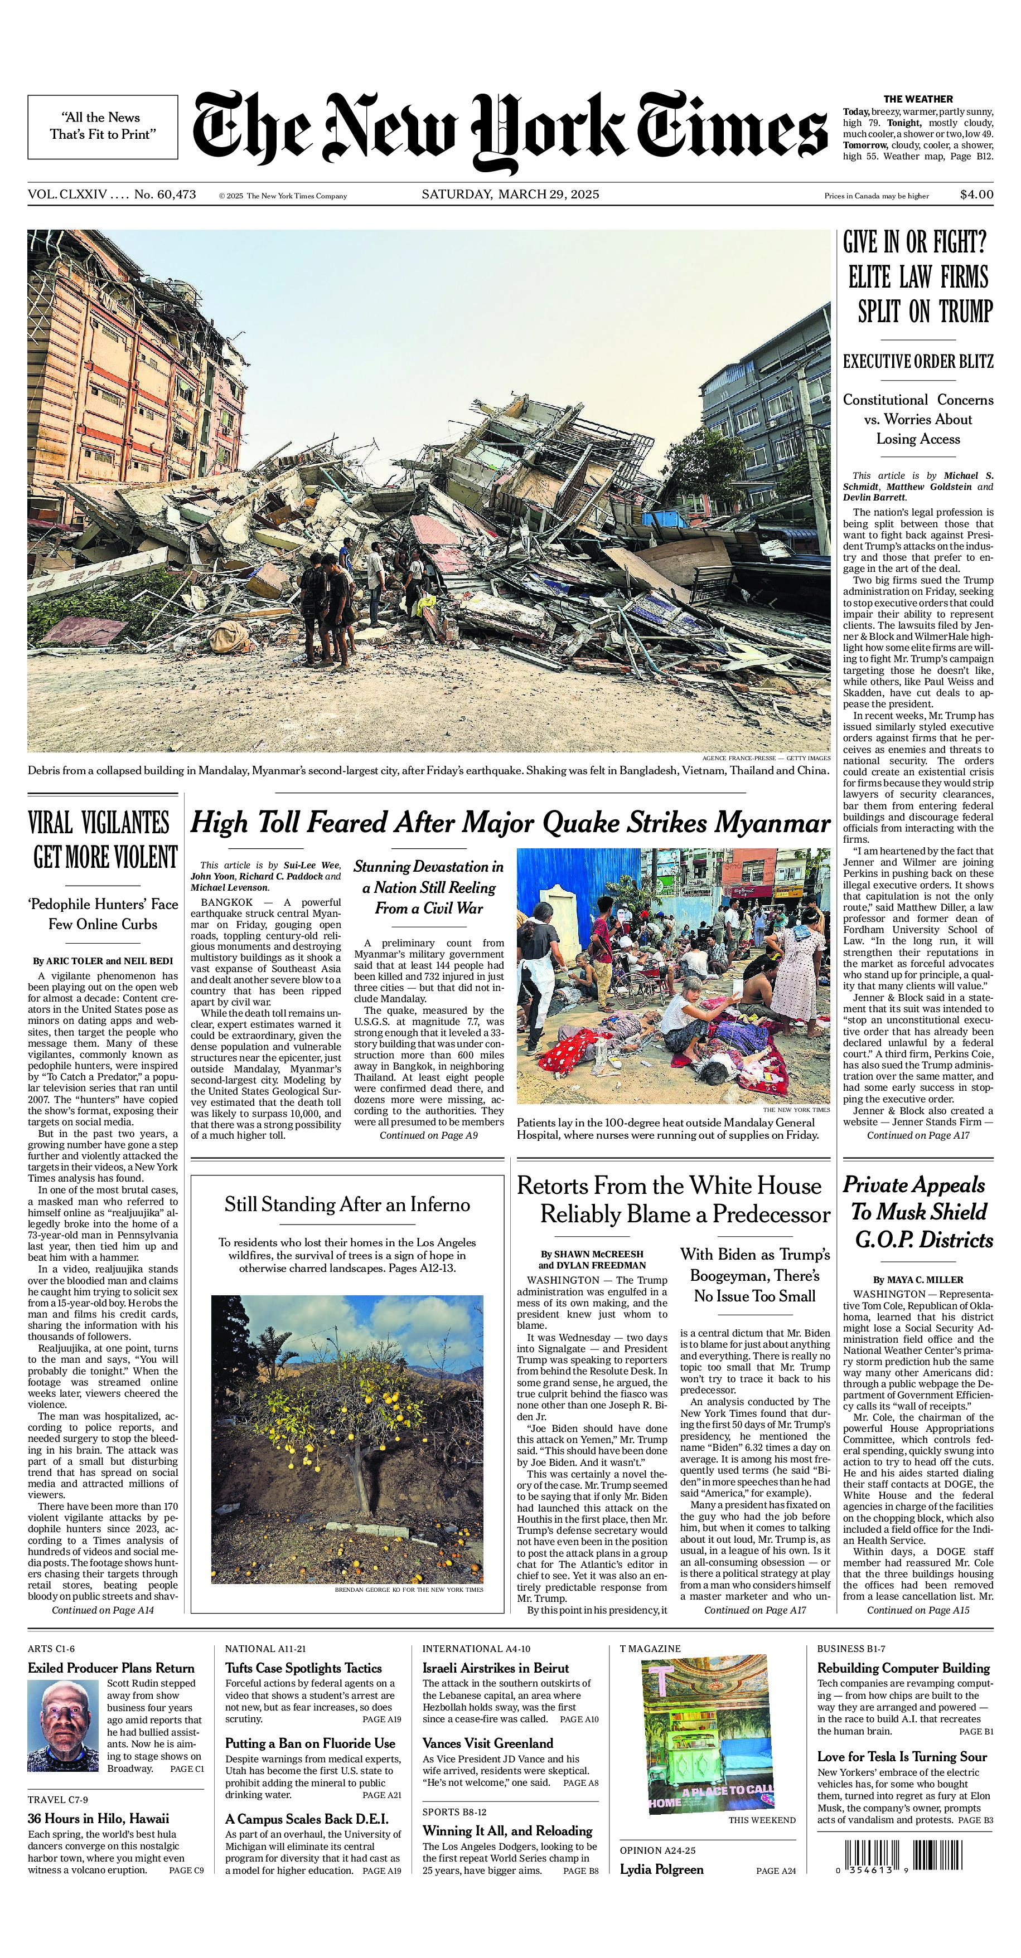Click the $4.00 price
pyautogui.click(x=976, y=195)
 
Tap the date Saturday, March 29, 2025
pyautogui.click(x=510, y=195)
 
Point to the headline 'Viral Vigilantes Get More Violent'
pyautogui.click(x=103, y=840)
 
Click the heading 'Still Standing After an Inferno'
pyautogui.click(x=347, y=1205)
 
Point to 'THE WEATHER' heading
pyautogui.click(x=918, y=99)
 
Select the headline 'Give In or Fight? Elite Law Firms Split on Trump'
pyautogui.click(x=918, y=278)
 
